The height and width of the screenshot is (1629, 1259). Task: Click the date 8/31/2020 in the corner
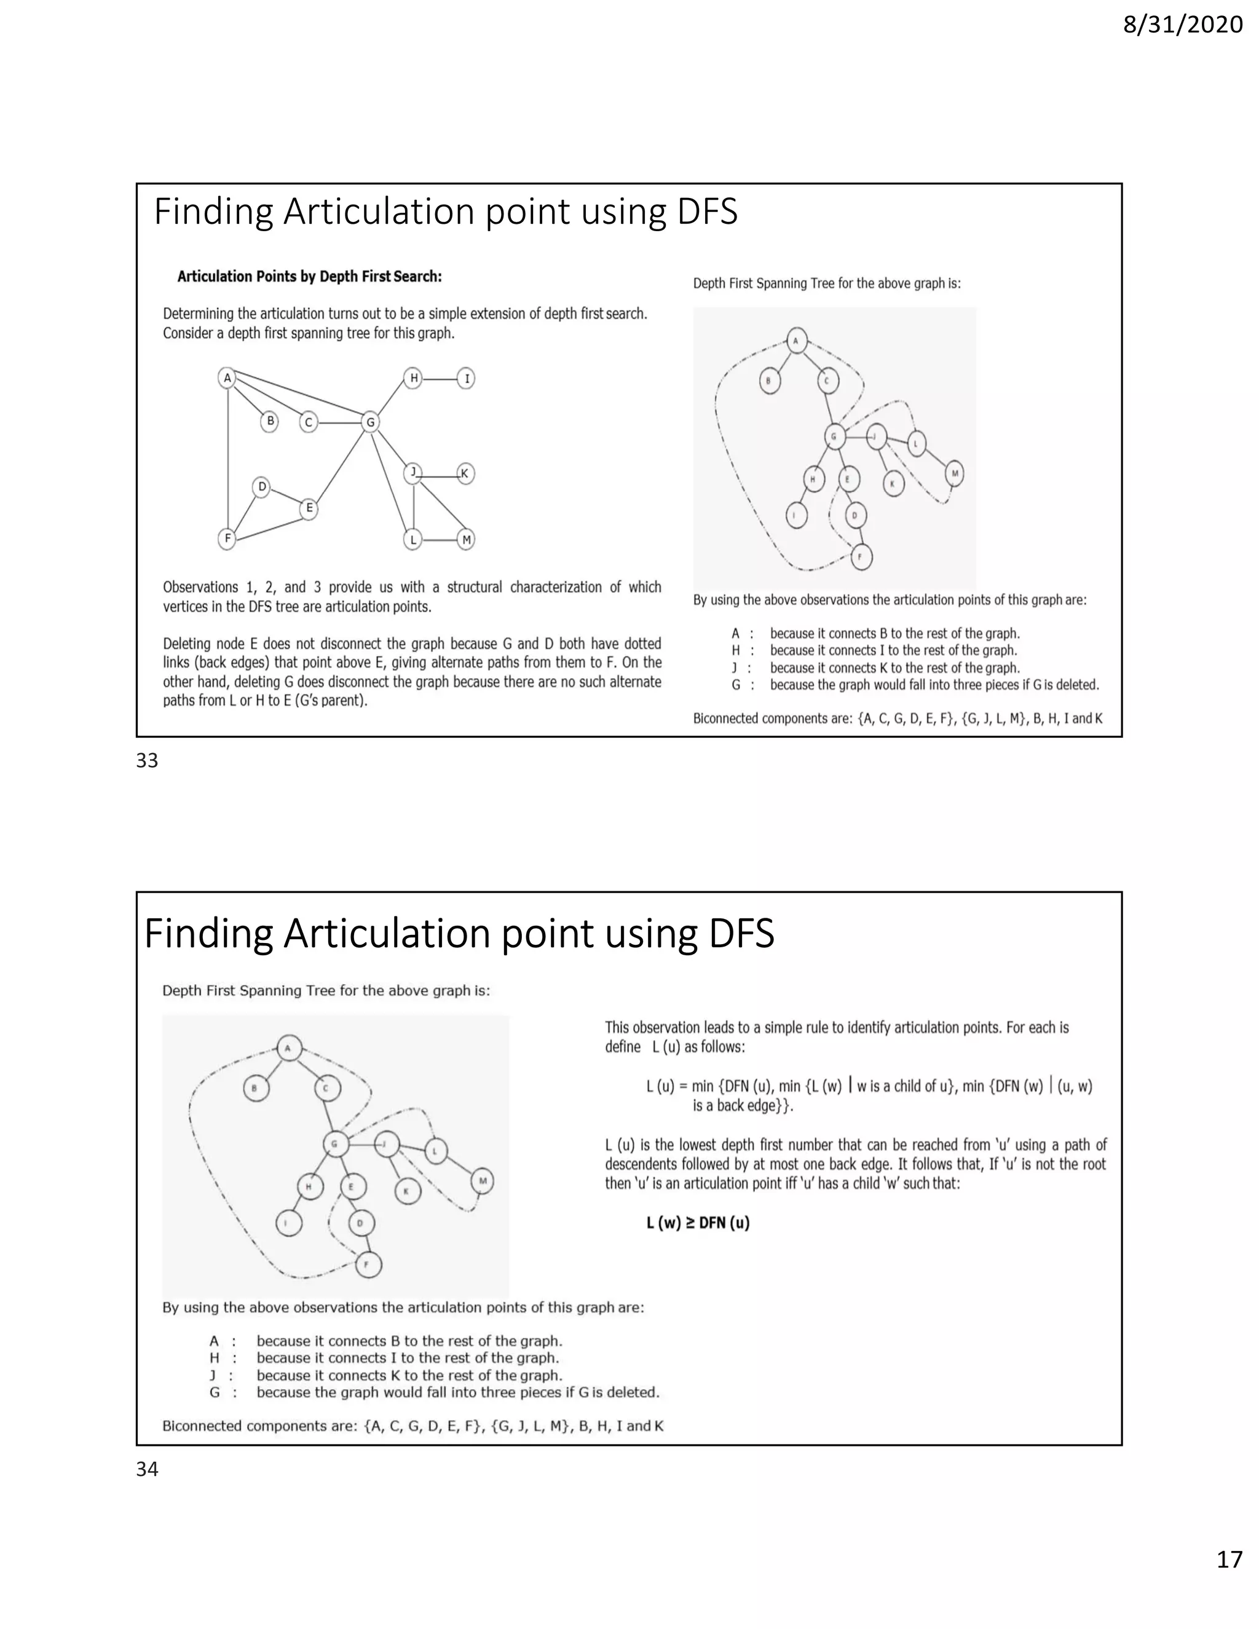coord(1182,25)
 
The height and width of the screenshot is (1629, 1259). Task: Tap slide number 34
coord(147,1469)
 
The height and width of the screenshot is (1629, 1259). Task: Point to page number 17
coord(1229,1580)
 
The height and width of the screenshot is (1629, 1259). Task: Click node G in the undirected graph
coord(369,422)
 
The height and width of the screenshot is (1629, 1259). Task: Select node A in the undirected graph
coord(227,378)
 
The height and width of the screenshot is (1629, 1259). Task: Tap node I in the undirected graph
coord(466,378)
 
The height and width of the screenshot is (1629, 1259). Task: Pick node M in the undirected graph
coord(465,538)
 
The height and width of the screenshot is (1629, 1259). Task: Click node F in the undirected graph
coord(227,538)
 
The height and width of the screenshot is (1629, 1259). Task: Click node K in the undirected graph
coord(465,473)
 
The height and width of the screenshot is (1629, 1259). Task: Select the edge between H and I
coord(440,379)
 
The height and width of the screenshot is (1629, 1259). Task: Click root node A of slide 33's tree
coord(796,342)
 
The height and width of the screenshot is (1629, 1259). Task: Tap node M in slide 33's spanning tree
coord(954,473)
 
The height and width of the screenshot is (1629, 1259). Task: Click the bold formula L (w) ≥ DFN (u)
coord(697,1223)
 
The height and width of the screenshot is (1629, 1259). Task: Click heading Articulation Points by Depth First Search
coord(310,277)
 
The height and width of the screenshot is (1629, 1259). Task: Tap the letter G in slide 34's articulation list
coord(215,1392)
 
